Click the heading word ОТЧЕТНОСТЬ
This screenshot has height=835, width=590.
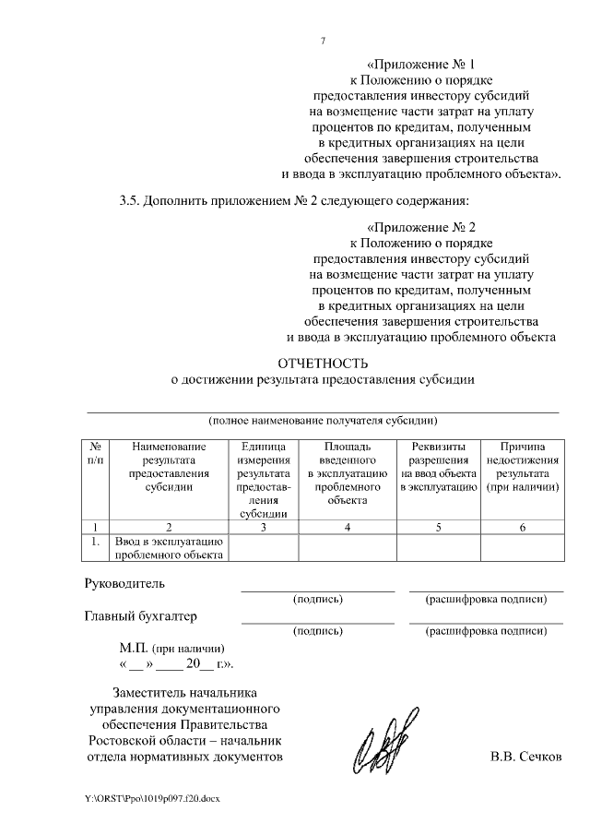point(322,363)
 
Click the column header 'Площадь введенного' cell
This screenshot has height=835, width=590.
point(348,472)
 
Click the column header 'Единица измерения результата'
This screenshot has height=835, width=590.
point(264,479)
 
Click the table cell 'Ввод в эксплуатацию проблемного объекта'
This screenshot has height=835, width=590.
point(170,547)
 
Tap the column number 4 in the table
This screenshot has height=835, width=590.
point(348,527)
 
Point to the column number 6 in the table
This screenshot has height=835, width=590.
point(523,527)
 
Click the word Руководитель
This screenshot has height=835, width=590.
point(124,583)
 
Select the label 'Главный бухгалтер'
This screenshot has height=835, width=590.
point(141,615)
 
